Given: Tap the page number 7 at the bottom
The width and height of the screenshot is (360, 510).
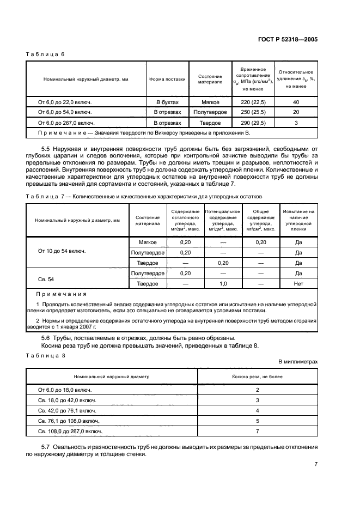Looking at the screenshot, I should point(316,464).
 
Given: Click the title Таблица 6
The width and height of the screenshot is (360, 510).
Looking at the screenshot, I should point(46,54).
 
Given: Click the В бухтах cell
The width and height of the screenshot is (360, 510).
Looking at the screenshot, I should point(167,102).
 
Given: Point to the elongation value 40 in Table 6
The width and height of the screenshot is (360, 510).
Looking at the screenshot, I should point(296,102).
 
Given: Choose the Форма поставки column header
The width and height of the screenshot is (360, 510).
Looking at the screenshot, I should point(167,79).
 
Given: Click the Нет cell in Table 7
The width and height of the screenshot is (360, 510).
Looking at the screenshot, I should point(298,284).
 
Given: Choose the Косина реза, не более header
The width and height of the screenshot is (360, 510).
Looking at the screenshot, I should point(257,377).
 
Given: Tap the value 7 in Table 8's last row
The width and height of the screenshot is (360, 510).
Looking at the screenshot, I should point(257,431).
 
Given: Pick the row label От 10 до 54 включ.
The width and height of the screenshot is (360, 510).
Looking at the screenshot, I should point(63,252).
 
